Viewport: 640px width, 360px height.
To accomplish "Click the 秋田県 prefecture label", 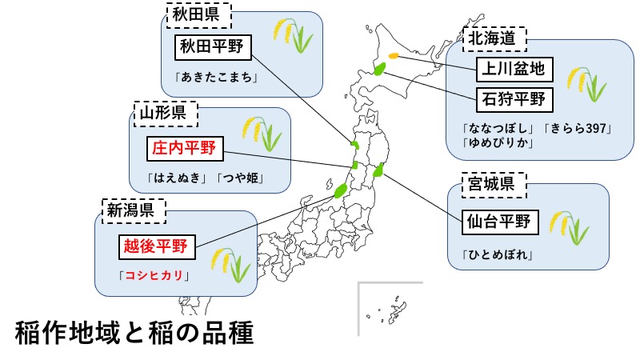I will [198, 15].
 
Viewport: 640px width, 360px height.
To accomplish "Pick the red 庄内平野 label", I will [186, 147].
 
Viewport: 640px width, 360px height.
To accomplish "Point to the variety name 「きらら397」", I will [578, 128].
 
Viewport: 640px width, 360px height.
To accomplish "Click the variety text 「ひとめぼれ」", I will [498, 255].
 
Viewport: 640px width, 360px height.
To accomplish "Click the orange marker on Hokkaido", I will [393, 55].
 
